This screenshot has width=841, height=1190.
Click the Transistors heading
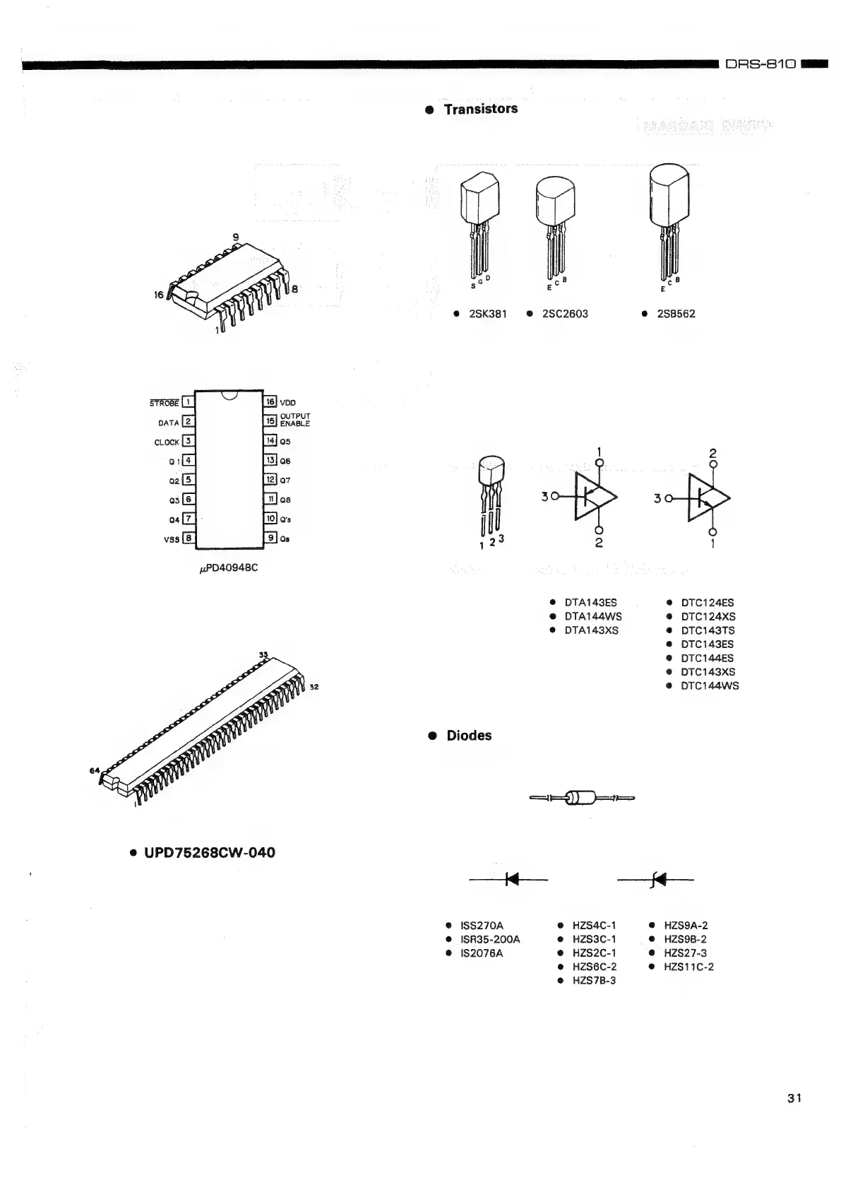[x=480, y=109]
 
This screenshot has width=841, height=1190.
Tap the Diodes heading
[x=469, y=736]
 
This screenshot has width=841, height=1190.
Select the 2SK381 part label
[x=487, y=314]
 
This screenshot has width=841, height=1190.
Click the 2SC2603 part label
[x=564, y=314]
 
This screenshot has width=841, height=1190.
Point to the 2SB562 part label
[x=676, y=314]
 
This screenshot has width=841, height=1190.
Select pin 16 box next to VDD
[x=270, y=402]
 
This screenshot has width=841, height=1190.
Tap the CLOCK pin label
[x=167, y=442]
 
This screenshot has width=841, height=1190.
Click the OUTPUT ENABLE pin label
[x=294, y=420]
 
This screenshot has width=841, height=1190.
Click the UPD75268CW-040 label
[x=210, y=853]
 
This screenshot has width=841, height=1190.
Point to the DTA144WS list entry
[x=592, y=617]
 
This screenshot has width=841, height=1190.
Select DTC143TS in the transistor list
[x=708, y=630]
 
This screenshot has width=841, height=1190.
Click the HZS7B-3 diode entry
[x=594, y=981]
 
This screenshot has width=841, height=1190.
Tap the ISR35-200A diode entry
[x=490, y=939]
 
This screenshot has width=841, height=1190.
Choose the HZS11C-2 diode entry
[x=688, y=967]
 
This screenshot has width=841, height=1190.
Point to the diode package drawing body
[x=583, y=799]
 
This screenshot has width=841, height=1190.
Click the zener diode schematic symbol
[x=658, y=880]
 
